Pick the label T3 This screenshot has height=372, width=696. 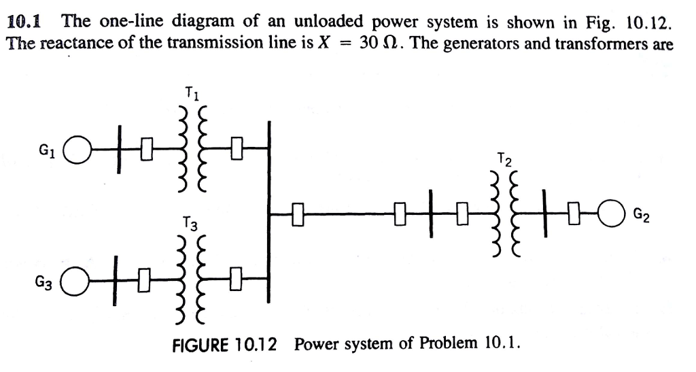191,224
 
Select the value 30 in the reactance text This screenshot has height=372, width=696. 368,44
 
